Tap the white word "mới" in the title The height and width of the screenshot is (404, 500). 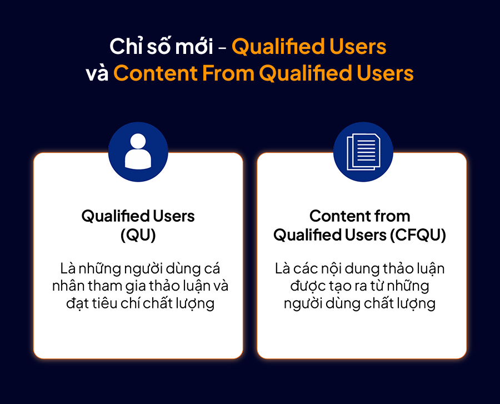click(x=194, y=47)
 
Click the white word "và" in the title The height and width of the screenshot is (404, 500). click(x=97, y=73)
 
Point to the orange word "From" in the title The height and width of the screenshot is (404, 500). click(x=228, y=73)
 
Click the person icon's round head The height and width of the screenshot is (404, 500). click(x=138, y=141)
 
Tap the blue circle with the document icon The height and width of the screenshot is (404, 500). click(x=363, y=152)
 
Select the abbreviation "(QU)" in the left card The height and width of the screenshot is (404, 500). click(x=138, y=235)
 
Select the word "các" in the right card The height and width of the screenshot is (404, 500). click(x=304, y=269)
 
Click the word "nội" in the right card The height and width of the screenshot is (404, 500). click(x=329, y=269)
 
